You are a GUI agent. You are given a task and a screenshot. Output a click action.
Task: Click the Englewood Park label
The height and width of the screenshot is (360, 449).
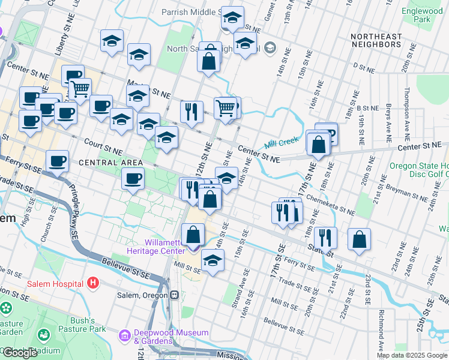pyautogui.click(x=422, y=15)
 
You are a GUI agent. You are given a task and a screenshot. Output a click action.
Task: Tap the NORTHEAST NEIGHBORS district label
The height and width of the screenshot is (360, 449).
pyautogui.click(x=376, y=40)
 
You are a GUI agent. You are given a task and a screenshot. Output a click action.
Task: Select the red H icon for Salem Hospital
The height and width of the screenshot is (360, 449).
pyautogui.click(x=92, y=282)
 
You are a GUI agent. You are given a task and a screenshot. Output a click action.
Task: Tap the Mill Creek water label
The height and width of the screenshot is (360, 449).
pyautogui.click(x=280, y=142)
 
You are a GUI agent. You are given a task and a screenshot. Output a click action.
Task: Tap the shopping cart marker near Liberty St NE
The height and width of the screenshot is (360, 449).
pyautogui.click(x=80, y=90)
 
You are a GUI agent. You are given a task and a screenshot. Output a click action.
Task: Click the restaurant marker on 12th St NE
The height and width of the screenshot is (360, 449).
pyautogui.click(x=191, y=112)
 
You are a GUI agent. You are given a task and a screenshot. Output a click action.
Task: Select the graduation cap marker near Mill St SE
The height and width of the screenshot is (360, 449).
pyautogui.click(x=212, y=260)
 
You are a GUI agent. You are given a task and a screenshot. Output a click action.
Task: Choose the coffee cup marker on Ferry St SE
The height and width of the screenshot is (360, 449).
pyautogui.click(x=58, y=161)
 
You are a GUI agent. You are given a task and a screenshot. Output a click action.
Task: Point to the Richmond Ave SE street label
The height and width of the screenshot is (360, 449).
pyautogui.click(x=381, y=329)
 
